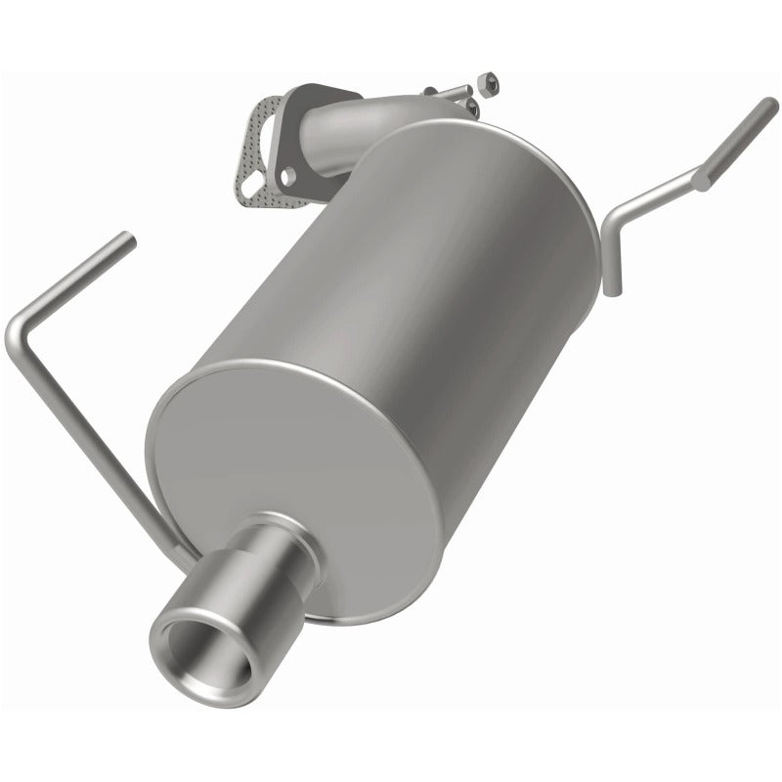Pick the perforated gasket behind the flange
pyautogui.click(x=257, y=147)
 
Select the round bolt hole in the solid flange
pyautogui.click(x=288, y=175)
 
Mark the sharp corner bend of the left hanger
pyautogui.click(x=20, y=332)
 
